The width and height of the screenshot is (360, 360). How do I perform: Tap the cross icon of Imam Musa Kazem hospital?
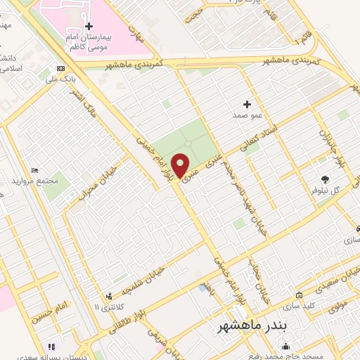pyautogui.click(x=89, y=26)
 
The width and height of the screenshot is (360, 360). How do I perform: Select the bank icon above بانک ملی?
pyautogui.click(x=61, y=68)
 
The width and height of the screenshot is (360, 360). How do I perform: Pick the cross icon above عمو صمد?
pyautogui.click(x=247, y=103)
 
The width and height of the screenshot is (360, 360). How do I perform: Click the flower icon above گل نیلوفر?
pyautogui.click(x=324, y=180)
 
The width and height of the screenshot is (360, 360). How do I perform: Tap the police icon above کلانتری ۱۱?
pyautogui.click(x=108, y=296)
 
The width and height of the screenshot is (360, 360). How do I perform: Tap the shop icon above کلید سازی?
pyautogui.click(x=300, y=295)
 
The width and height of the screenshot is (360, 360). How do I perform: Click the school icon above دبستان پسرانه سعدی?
pyautogui.click(x=51, y=347)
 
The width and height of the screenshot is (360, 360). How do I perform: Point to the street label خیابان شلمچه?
pyautogui.click(x=143, y=281)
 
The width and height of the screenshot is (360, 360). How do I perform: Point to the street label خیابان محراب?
pyautogui.click(x=100, y=184)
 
